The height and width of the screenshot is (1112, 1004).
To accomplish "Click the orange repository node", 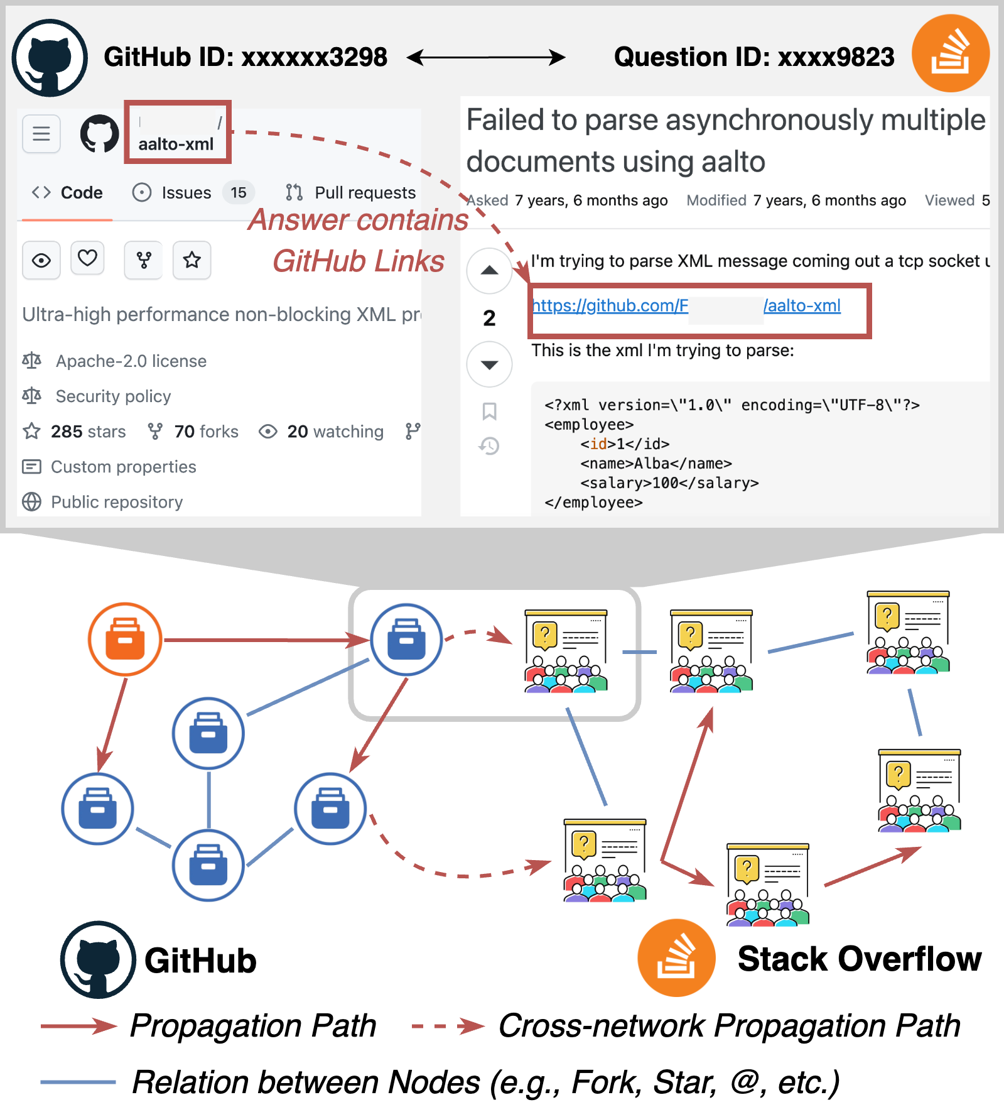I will pyautogui.click(x=125, y=639).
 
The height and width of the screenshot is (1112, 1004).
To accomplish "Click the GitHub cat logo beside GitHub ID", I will pyautogui.click(x=50, y=58).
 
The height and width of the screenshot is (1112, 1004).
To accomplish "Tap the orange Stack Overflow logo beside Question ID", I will pyautogui.click(x=950, y=53).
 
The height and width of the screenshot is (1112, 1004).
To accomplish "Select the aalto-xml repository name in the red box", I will pyautogui.click(x=176, y=144).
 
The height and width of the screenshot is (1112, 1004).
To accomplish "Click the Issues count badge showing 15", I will pyautogui.click(x=238, y=192).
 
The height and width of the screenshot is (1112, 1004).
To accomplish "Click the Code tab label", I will pyautogui.click(x=82, y=192).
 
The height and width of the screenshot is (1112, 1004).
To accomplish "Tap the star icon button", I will pyautogui.click(x=192, y=259).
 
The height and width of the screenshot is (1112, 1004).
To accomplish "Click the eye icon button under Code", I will pyautogui.click(x=41, y=259).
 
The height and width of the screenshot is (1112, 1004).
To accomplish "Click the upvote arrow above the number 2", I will pyautogui.click(x=489, y=271).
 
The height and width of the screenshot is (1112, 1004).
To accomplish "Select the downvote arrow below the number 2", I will pyautogui.click(x=489, y=364).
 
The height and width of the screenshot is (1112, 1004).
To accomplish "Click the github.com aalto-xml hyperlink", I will pyautogui.click(x=686, y=306).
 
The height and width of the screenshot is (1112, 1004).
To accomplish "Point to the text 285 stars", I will pyautogui.click(x=88, y=432).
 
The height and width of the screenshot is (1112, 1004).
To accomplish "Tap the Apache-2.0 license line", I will pyautogui.click(x=131, y=361).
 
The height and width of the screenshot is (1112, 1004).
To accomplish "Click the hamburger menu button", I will pyautogui.click(x=41, y=134).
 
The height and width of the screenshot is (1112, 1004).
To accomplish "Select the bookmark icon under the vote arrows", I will pyautogui.click(x=489, y=412).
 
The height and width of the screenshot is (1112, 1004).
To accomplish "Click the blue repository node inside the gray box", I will pyautogui.click(x=406, y=639).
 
